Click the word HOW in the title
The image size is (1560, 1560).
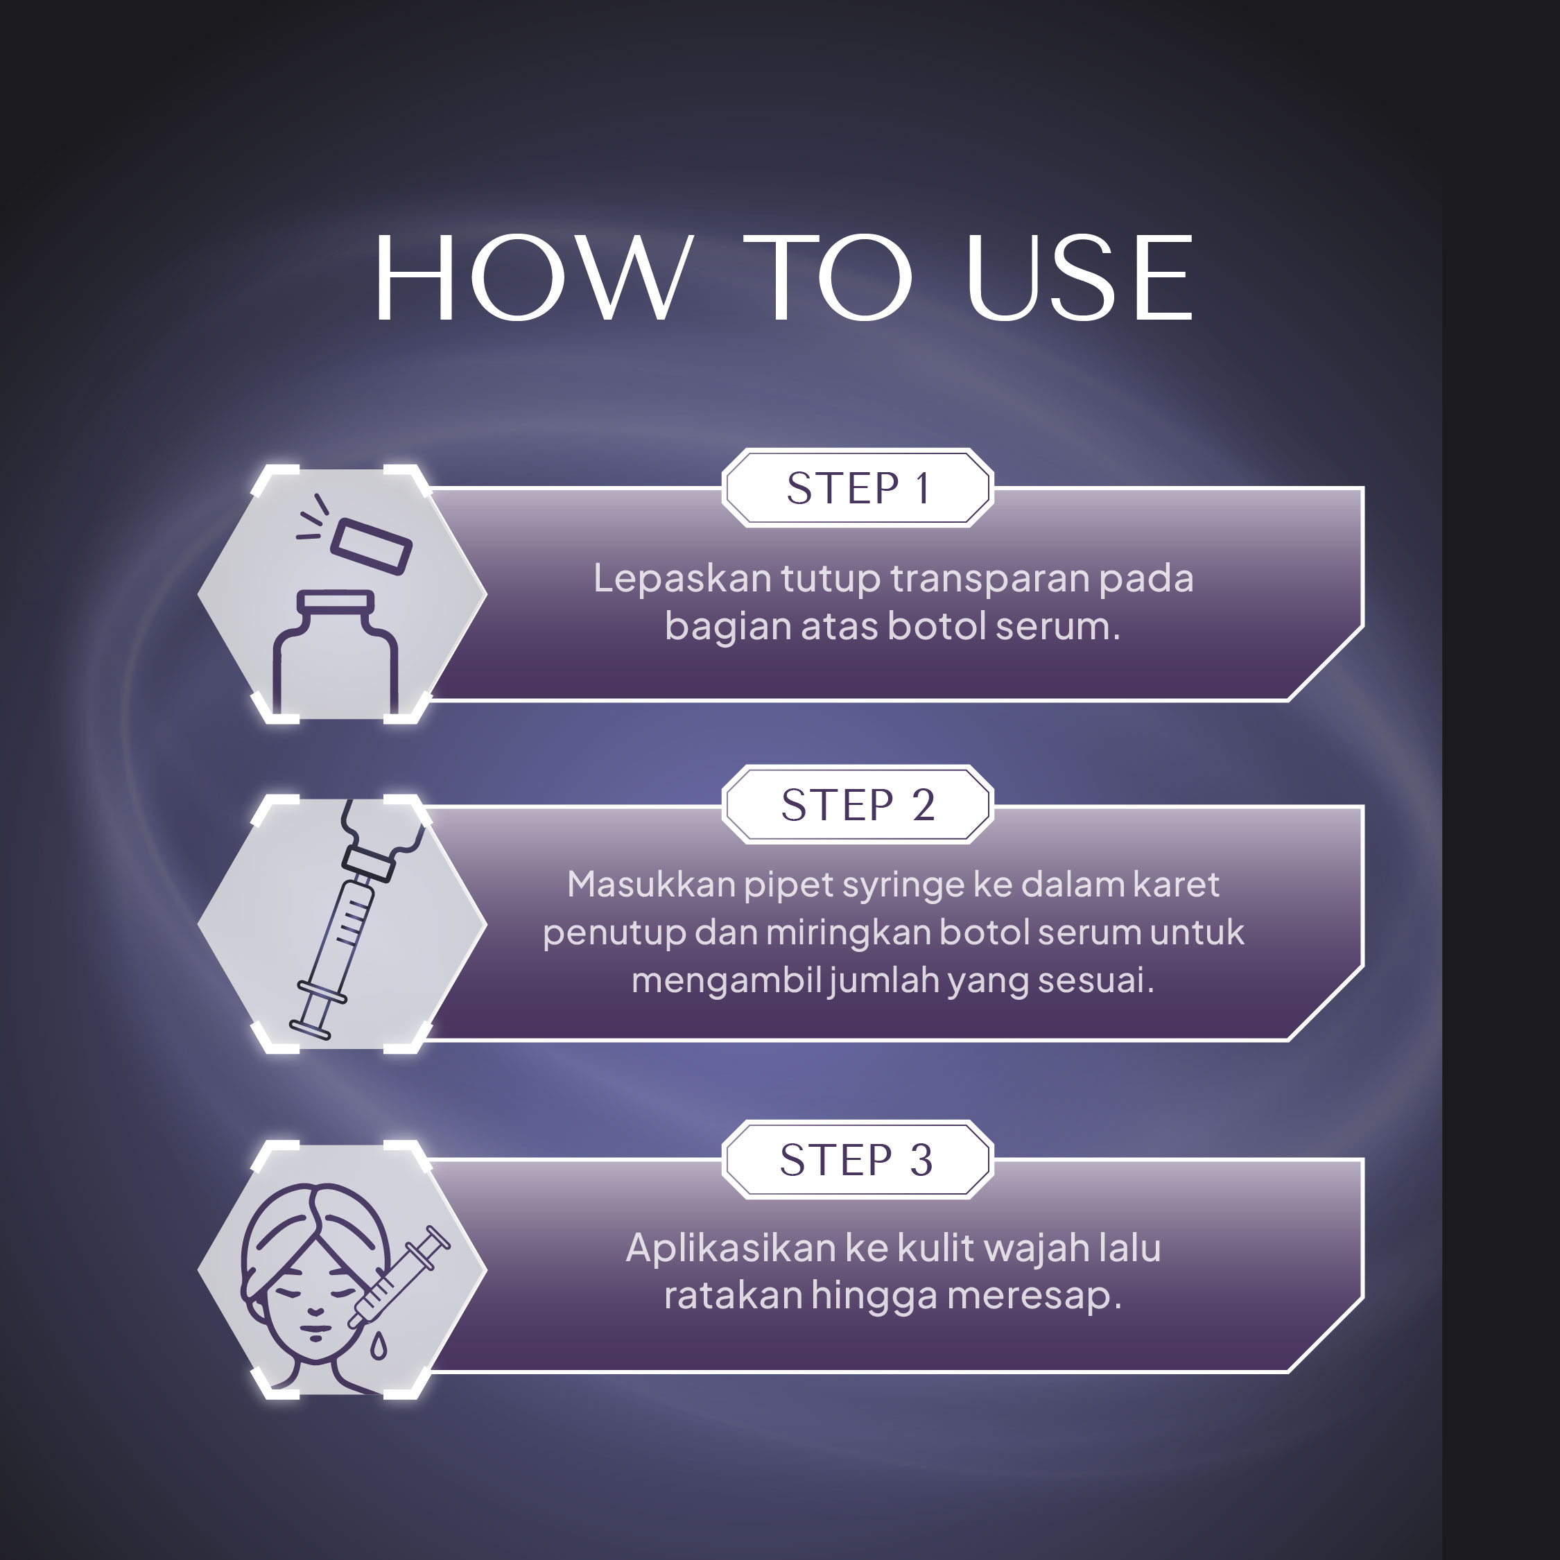pos(534,278)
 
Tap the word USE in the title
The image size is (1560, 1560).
pos(1080,278)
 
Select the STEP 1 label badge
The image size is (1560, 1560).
pos(858,487)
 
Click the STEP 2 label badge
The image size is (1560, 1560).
pos(858,804)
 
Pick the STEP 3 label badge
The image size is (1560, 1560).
pos(858,1159)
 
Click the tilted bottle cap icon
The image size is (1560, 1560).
pos(372,546)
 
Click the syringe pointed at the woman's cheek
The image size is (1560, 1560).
pos(399,1276)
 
